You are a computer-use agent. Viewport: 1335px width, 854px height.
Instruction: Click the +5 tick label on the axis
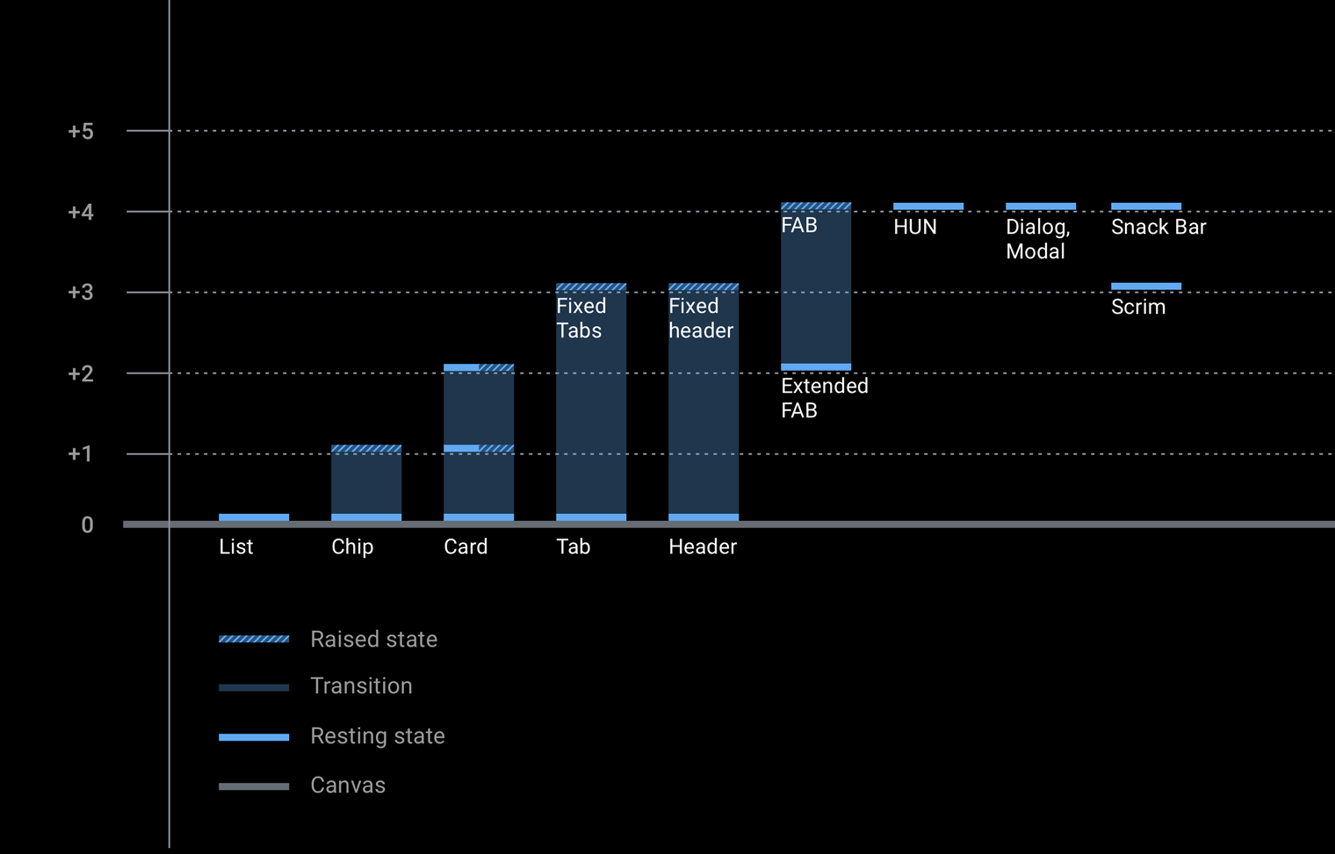coord(81,132)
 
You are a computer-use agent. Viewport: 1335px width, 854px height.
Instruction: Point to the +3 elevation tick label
coord(81,293)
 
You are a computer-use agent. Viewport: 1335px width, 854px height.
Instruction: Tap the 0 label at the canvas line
coord(87,525)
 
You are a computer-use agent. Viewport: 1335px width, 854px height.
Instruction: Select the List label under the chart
coord(235,546)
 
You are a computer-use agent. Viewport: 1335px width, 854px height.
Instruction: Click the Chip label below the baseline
coord(352,546)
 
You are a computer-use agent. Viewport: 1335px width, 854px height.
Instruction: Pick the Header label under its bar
coord(703,546)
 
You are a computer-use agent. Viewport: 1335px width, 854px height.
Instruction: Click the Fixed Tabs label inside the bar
coord(581,318)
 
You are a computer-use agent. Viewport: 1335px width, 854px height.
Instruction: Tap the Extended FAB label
coord(824,398)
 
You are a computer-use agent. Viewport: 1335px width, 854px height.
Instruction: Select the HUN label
coord(915,227)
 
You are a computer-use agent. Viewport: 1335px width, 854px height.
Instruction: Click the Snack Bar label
coord(1158,227)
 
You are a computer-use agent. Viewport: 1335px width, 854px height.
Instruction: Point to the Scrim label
coord(1138,307)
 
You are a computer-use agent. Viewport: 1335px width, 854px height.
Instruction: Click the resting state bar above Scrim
coord(1146,286)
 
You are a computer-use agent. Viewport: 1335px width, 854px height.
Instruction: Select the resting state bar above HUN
coord(928,206)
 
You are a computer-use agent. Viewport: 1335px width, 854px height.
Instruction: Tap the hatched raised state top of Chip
coord(366,449)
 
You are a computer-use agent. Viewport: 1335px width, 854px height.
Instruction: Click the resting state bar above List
coord(254,517)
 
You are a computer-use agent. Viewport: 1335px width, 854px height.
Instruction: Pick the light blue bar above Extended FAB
coord(816,367)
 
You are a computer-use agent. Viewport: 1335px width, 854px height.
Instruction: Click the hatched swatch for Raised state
coord(254,640)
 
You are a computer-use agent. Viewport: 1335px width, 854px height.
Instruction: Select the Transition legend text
coord(361,686)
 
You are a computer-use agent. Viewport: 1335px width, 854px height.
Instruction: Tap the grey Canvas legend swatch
coord(254,786)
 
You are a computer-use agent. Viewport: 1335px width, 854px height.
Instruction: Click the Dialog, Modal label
coord(1037,239)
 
